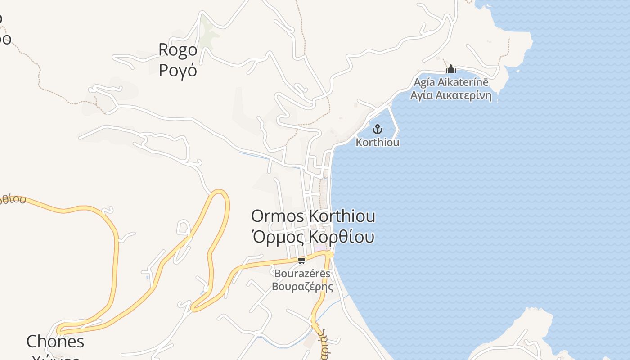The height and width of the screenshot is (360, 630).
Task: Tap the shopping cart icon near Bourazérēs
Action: (302, 260)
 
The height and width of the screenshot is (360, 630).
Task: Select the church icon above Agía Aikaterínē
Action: (450, 69)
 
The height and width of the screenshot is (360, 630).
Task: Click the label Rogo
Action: (178, 50)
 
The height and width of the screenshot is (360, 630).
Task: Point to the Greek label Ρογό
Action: (178, 71)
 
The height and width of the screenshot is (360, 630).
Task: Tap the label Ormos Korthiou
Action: (313, 216)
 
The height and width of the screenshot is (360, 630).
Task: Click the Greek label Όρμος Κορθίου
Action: (313, 236)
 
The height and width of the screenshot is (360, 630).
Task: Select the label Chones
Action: (55, 342)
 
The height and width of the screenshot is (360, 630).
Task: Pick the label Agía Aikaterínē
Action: (450, 83)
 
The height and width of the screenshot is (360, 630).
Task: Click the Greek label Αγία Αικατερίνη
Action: (450, 95)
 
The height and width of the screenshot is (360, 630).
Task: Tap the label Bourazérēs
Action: (302, 274)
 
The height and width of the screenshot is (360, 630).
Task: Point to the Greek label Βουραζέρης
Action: (302, 287)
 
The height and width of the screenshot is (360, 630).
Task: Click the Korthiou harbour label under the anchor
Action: (378, 142)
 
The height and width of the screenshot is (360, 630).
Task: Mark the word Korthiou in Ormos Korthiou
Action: (342, 216)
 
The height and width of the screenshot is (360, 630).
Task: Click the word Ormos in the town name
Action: (278, 216)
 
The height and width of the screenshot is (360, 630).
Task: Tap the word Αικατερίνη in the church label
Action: (464, 95)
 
